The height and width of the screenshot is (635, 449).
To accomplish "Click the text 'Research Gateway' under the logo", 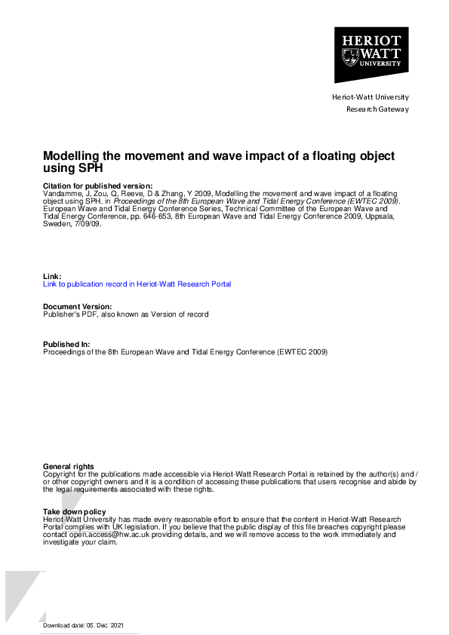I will (377, 109).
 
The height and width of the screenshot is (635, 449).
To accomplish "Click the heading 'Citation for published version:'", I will (97, 186).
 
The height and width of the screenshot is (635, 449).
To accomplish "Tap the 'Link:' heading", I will (52, 277).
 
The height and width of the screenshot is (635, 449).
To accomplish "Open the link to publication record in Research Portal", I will (137, 284).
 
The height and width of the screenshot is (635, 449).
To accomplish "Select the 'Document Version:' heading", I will (78, 307).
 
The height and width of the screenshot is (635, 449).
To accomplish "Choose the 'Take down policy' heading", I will (74, 512).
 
